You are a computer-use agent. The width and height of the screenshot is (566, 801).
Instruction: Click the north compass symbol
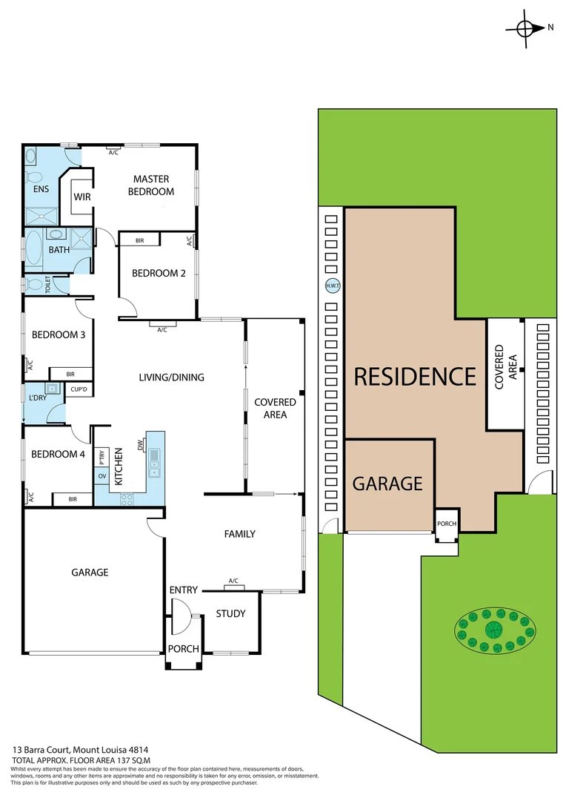pos(525,28)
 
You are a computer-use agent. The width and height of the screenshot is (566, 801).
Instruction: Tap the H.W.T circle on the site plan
pos(331,286)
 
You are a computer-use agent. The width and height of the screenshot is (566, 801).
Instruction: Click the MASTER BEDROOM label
pos(151,185)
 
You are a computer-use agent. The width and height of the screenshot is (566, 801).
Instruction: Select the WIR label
pos(81,197)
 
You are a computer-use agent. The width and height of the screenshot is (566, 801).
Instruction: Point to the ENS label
pos(41,189)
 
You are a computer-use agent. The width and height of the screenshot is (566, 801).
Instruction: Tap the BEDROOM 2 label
pos(159,273)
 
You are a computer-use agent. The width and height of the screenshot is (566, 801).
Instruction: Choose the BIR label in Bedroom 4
pos(73,499)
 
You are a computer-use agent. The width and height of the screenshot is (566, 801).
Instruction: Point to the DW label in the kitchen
pos(139,445)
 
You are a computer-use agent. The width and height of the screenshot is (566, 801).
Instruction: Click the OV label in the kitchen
pos(103,476)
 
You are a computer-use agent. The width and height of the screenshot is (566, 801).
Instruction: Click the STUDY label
pos(231,613)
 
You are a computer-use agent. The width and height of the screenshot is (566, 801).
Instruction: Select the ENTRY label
pos(183,590)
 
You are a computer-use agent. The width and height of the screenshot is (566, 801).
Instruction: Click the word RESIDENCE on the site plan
pos(414,377)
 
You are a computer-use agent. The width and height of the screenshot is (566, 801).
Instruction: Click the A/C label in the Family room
pos(233,581)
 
